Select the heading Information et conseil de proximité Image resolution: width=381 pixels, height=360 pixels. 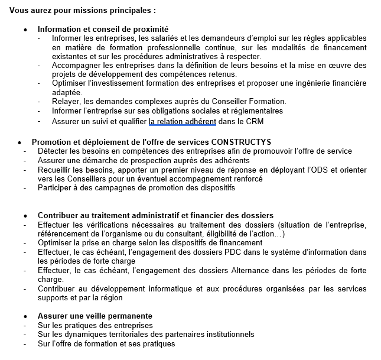[x=103, y=29]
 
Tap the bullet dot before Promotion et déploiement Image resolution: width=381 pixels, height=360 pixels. [x=19, y=142]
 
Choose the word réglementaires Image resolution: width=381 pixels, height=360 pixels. [x=251, y=111]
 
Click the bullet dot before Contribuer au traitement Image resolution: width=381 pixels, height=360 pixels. [x=25, y=216]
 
